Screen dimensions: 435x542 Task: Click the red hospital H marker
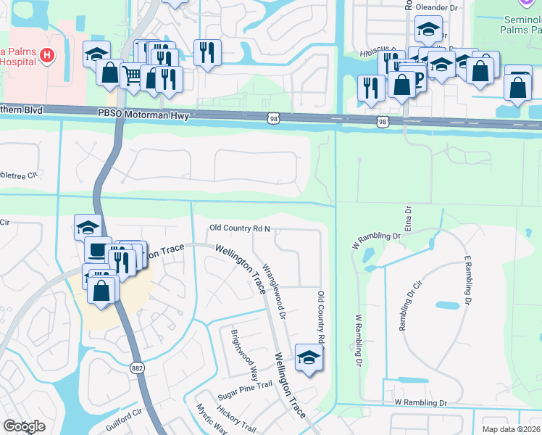tap(47, 54)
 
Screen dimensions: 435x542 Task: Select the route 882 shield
tap(137, 368)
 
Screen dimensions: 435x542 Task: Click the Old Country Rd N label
tap(240, 228)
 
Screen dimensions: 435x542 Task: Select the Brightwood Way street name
tap(244, 355)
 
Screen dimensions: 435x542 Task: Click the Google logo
tap(24, 426)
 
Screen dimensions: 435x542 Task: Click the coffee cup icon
tap(96, 250)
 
